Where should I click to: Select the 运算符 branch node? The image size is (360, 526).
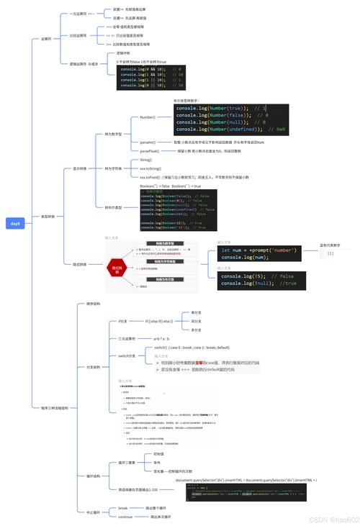tap(47, 40)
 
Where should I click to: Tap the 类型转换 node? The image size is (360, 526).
tap(48, 216)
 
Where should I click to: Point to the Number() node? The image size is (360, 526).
tap(147, 117)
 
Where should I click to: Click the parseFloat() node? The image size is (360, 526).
tap(150, 151)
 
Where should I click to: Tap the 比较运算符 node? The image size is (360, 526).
tap(78, 35)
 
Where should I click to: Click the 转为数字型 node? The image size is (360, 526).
tap(113, 134)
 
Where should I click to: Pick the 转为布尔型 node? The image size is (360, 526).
tap(113, 207)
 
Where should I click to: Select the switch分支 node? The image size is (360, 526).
tap(127, 355)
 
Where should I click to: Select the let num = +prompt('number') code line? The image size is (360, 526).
tap(256, 249)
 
